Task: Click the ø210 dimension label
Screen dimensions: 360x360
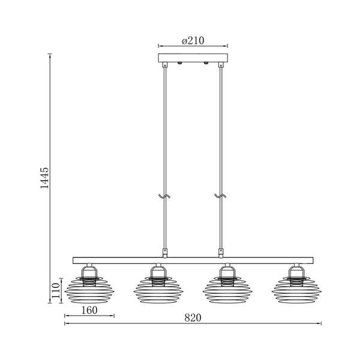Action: pyautogui.click(x=193, y=41)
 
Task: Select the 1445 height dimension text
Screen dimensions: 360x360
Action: pyautogui.click(x=44, y=178)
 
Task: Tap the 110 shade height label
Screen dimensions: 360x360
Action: pyautogui.click(x=56, y=290)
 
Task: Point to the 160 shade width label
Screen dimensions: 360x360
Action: pyautogui.click(x=89, y=310)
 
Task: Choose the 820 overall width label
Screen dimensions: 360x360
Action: pyautogui.click(x=193, y=318)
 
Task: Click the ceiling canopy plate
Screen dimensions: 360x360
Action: pyautogui.click(x=193, y=58)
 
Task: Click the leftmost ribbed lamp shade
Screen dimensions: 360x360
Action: pyautogui.click(x=89, y=290)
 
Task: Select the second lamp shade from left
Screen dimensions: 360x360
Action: pyautogui.click(x=158, y=290)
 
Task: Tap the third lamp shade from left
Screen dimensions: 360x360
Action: pyautogui.click(x=227, y=290)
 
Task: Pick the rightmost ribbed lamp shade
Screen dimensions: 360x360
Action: pyautogui.click(x=296, y=290)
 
